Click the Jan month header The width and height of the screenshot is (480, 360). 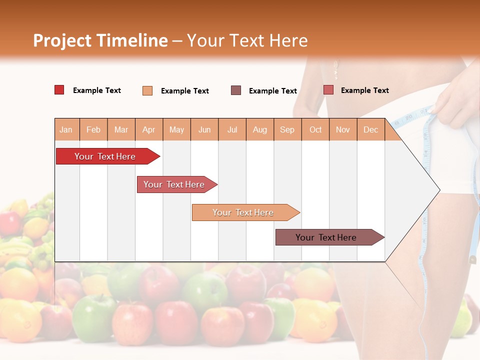(x=66, y=129)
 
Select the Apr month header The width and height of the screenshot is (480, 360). (x=148, y=129)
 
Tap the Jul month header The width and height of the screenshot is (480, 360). (x=232, y=129)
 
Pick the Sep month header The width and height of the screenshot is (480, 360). (x=287, y=129)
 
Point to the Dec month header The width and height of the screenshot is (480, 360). (x=370, y=129)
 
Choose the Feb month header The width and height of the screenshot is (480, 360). (x=93, y=129)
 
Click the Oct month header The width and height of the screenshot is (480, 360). (x=315, y=129)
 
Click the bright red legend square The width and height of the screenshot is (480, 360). (x=59, y=90)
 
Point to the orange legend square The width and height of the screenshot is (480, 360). (x=147, y=90)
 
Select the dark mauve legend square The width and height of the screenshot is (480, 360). (x=236, y=90)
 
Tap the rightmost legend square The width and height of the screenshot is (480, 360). (x=328, y=90)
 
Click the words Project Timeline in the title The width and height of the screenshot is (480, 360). (x=100, y=40)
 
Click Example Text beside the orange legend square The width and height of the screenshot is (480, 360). (x=185, y=91)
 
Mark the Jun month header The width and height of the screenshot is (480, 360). (x=204, y=129)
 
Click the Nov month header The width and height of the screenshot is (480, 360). (x=343, y=129)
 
